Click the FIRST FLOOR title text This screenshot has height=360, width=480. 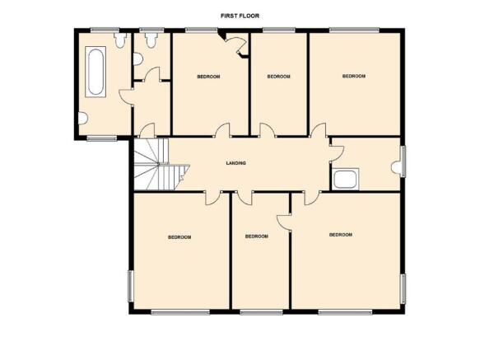pos(240,16)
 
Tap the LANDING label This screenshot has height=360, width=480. pos(235,163)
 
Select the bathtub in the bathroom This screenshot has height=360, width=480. pos(96,72)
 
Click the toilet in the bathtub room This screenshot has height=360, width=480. pos(120,40)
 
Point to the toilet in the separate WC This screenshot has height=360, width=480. pos(151,40)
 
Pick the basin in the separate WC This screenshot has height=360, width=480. pos(138,59)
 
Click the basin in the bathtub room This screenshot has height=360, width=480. pos(82,119)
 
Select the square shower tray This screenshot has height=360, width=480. pos(345,179)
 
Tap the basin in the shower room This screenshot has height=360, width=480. pos(397,168)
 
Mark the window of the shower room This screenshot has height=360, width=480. pos(403,161)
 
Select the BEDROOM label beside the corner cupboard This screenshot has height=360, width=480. pos(208,77)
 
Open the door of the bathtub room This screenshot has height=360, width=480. pos(126,97)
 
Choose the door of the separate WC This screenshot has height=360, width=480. pos(152,74)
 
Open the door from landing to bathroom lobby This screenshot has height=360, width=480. pos(147,130)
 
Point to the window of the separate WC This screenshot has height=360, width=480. pos(151,30)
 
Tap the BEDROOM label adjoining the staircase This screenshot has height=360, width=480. pos(179,237)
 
